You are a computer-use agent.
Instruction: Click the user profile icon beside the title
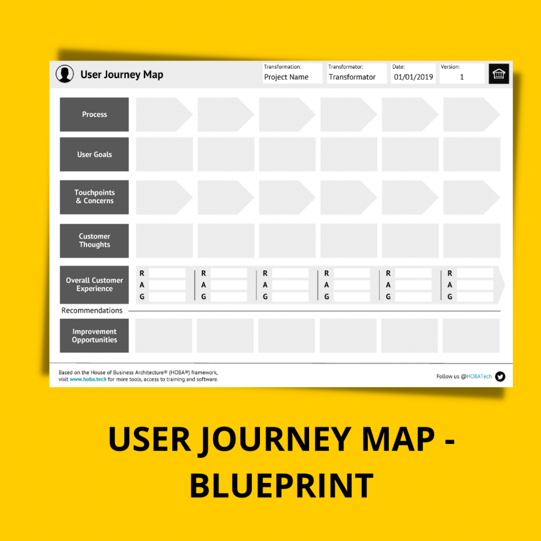click(64, 74)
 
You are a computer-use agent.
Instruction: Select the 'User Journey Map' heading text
click(122, 74)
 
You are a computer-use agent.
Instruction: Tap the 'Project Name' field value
click(286, 77)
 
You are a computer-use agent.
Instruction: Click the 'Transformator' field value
click(352, 77)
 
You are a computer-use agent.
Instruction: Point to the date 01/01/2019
click(413, 77)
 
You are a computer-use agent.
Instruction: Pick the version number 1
click(462, 77)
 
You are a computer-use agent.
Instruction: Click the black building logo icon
click(499, 74)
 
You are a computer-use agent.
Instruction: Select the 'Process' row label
click(94, 115)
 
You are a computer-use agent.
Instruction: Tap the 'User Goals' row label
click(94, 155)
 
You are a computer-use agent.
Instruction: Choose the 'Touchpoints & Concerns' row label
click(94, 197)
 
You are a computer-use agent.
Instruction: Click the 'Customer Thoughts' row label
click(94, 241)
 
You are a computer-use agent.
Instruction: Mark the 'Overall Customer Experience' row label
click(94, 285)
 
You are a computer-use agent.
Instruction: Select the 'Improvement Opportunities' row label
click(94, 336)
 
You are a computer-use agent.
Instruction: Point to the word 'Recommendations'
click(92, 311)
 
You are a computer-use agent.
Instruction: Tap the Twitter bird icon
click(500, 377)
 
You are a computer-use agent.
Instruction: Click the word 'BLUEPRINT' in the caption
click(281, 486)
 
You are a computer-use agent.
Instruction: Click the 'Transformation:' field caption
click(283, 67)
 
